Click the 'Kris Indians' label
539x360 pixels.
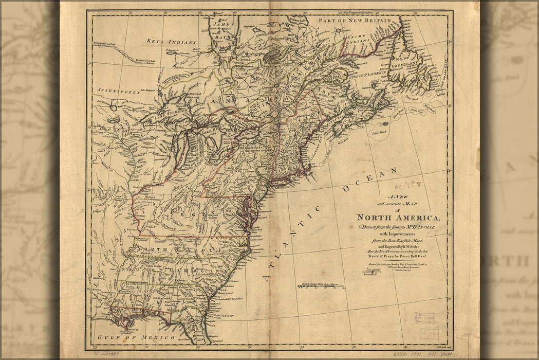tap(171, 41)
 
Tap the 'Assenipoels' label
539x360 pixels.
tap(118, 91)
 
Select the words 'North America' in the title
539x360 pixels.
tap(398, 217)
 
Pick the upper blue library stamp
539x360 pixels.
tap(424, 317)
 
